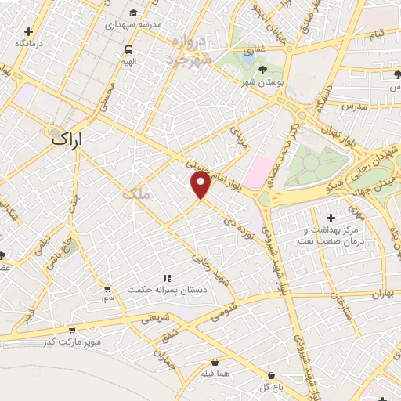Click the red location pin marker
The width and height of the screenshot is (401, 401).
pyautogui.click(x=200, y=183)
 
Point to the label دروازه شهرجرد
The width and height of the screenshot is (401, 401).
pyautogui.click(x=189, y=49)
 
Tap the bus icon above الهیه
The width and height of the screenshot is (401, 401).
pyautogui.click(x=128, y=49)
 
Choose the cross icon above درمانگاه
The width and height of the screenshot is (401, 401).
pyautogui.click(x=29, y=32)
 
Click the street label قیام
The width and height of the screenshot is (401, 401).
pyautogui.click(x=377, y=34)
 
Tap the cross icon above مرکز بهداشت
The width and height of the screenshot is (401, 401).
pyautogui.click(x=330, y=217)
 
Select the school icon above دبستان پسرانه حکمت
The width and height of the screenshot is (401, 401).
pyautogui.click(x=166, y=277)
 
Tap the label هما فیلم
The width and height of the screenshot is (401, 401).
pyautogui.click(x=214, y=374)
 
